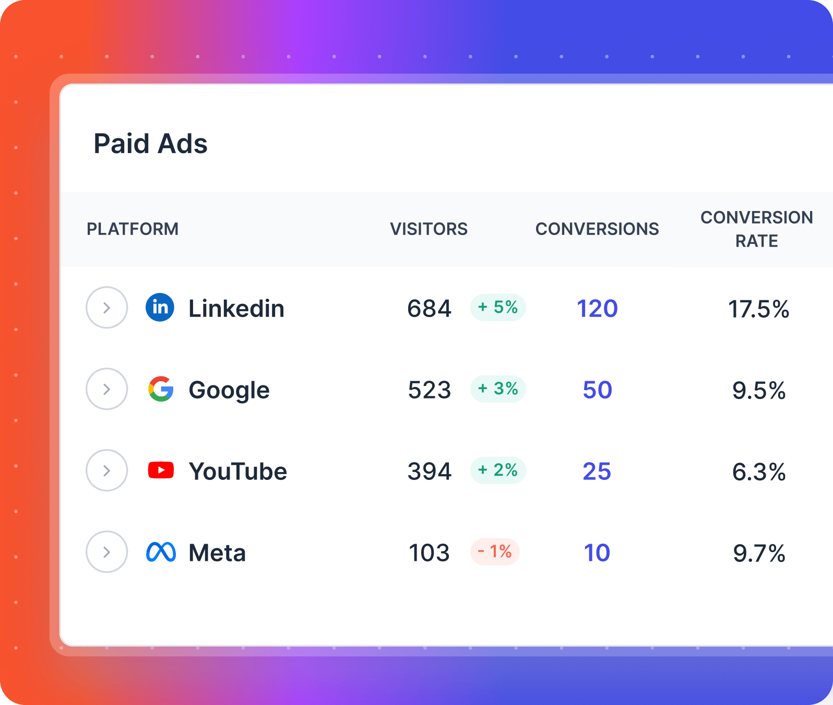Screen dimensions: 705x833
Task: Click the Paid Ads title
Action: coord(150,144)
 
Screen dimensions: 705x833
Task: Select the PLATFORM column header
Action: coord(133,229)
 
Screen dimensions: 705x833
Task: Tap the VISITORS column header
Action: coord(429,229)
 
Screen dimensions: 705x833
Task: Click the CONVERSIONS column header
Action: coord(597,229)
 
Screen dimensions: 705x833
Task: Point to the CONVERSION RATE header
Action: coord(756,229)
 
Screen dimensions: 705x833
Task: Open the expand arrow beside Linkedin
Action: coord(106,308)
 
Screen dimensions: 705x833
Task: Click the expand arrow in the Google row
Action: coord(106,389)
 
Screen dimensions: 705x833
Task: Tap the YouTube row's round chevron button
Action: coord(106,471)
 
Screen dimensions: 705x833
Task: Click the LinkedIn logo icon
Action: coord(160,307)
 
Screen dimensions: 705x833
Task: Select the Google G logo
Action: coord(161,389)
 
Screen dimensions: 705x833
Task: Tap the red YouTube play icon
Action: coord(161,470)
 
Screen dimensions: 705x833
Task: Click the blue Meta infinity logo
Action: coord(161,552)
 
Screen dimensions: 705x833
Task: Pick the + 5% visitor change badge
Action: coord(498,307)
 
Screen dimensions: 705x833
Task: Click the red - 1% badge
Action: coord(495,551)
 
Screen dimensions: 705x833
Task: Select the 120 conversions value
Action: coord(597,309)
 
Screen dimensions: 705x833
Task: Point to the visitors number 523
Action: coord(429,390)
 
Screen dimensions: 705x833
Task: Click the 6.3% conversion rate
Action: coord(759,472)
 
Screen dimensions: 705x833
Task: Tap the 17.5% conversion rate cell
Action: coord(758,309)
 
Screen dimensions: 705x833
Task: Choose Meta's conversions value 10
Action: coord(597,553)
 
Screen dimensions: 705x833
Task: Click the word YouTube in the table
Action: coord(237,472)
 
